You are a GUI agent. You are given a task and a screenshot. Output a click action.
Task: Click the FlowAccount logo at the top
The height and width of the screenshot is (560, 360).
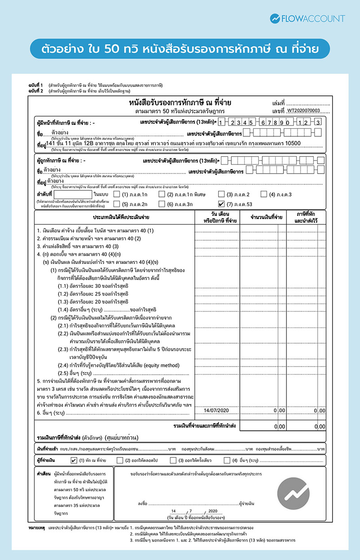tap(307, 18)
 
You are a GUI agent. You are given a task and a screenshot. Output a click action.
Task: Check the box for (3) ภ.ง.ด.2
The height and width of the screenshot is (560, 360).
tap(221, 194)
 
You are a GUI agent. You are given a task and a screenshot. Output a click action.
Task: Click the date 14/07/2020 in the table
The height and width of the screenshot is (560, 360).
tap(216, 411)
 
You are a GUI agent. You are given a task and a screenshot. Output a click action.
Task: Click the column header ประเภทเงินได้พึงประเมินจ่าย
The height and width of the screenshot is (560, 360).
tap(115, 218)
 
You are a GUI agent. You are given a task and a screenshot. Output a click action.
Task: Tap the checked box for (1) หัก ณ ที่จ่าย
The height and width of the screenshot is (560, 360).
tap(74, 460)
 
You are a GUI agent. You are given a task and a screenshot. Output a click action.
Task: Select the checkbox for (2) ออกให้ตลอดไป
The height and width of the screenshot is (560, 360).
tap(120, 460)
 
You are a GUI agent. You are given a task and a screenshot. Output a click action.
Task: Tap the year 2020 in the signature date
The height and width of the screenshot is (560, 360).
tap(213, 511)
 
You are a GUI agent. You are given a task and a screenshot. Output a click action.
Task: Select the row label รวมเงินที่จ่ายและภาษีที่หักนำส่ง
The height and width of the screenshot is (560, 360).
tap(204, 425)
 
